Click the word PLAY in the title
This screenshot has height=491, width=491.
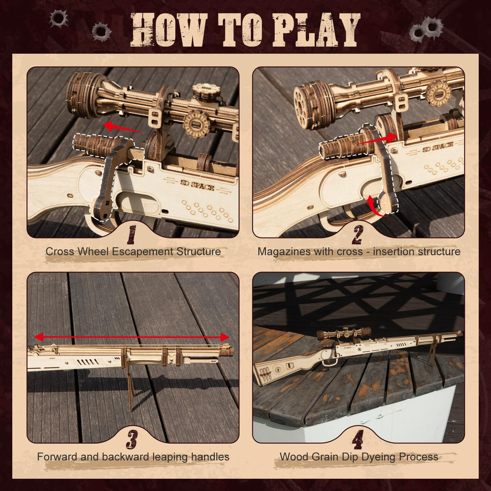coord(316,30)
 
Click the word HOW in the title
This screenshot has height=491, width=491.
coord(169,30)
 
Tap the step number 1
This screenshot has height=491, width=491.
coord(132,235)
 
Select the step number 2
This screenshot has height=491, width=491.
coord(357,235)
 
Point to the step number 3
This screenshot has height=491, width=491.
coord(132,439)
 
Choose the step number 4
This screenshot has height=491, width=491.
coord(357,439)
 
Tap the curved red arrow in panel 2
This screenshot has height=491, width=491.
coord(373,207)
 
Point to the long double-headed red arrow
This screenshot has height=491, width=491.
coord(132,337)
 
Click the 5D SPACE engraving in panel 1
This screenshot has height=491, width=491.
coord(197,185)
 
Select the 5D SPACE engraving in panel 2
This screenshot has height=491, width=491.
coord(438,146)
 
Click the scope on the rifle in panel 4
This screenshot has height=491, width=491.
coord(344,333)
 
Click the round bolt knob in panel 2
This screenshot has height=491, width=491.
coord(388,202)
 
